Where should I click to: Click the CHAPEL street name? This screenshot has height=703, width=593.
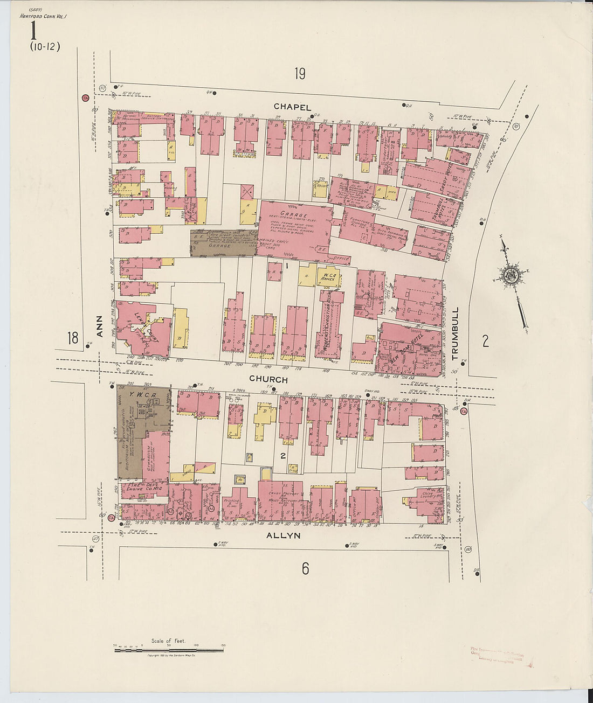click(292, 107)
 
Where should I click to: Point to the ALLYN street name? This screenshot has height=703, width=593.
click(284, 535)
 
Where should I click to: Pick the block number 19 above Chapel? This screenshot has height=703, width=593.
click(300, 74)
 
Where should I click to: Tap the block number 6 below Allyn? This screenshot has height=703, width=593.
click(305, 568)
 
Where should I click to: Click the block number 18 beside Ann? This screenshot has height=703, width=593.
click(73, 338)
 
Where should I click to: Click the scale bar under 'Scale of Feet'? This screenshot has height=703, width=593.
click(169, 650)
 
